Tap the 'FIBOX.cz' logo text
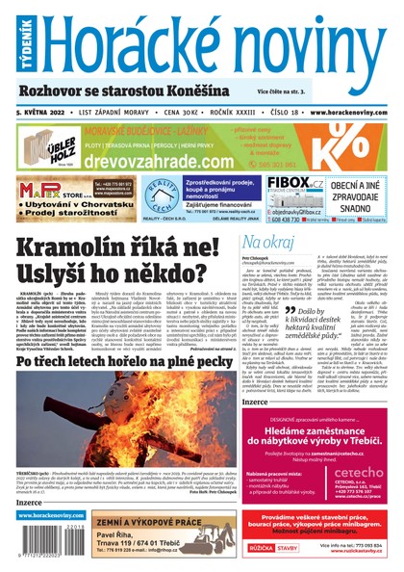(x=292, y=182)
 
